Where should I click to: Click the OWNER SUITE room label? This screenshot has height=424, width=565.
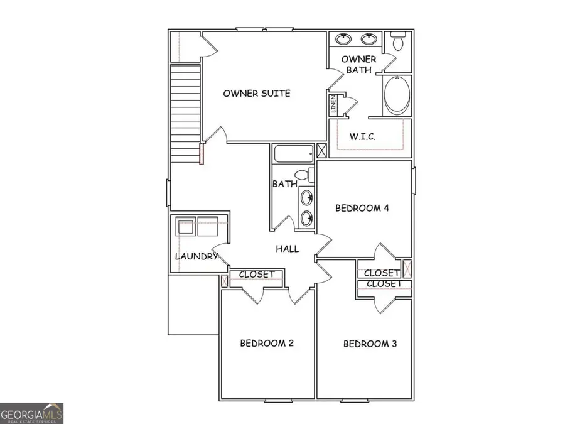(257, 94)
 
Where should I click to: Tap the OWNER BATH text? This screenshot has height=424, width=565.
(359, 65)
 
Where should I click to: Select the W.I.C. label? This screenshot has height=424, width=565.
(363, 136)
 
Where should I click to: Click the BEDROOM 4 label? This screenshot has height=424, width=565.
(362, 208)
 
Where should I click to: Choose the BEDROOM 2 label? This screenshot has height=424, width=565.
(267, 343)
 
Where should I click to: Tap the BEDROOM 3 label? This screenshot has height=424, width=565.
(370, 344)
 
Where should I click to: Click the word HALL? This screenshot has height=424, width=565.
(288, 249)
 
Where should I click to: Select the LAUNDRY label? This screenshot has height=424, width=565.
(196, 256)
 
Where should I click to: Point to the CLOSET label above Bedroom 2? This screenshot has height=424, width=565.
(256, 275)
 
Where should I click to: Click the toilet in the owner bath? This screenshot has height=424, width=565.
(397, 43)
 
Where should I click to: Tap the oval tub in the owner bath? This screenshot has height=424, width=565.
(397, 96)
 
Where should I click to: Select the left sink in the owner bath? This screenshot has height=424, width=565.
(343, 39)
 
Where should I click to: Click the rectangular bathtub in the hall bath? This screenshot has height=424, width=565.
(293, 153)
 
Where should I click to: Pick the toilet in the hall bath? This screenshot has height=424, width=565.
(303, 175)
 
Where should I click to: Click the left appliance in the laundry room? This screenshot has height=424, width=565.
(186, 226)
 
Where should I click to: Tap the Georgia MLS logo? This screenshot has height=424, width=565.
(31, 414)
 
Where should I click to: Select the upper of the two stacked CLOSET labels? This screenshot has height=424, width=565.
(382, 273)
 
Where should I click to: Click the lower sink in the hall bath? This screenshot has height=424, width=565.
(307, 218)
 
